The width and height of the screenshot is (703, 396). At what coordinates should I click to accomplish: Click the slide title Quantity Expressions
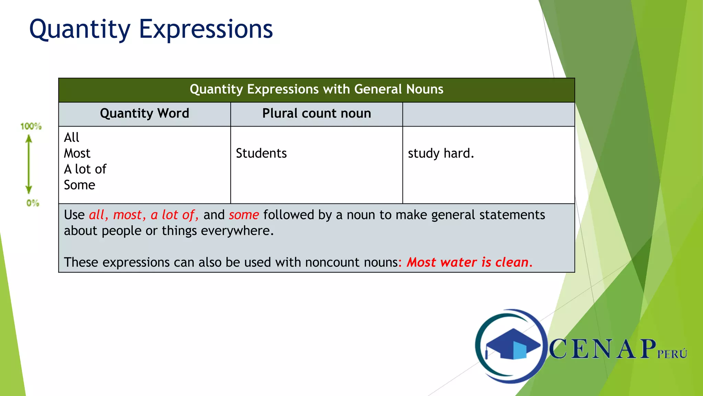(151, 30)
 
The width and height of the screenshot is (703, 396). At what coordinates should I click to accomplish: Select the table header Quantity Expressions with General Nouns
(316, 89)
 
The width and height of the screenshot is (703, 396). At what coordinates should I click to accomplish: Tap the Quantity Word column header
(145, 113)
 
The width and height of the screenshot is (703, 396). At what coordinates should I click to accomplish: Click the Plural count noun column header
(316, 113)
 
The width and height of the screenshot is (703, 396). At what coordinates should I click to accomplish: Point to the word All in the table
(71, 137)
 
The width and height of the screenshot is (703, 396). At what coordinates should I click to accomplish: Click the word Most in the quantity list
(77, 153)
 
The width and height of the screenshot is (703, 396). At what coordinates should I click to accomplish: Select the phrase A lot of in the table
(85, 169)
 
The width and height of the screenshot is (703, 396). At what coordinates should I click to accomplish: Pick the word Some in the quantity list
(79, 185)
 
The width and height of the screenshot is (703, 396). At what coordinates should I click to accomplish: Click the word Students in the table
(261, 153)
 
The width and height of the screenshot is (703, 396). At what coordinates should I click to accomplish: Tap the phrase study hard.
(441, 153)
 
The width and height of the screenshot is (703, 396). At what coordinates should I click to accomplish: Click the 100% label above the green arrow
(31, 126)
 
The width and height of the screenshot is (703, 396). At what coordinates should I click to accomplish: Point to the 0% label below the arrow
(33, 203)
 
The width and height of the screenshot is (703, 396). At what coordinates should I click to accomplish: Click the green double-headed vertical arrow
(29, 164)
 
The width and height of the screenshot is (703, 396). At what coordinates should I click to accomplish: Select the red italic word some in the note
(244, 215)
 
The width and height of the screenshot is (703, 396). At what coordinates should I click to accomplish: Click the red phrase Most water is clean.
(469, 262)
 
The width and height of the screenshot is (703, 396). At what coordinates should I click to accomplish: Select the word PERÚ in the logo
(672, 354)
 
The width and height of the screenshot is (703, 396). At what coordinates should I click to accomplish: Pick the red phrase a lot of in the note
(174, 215)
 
